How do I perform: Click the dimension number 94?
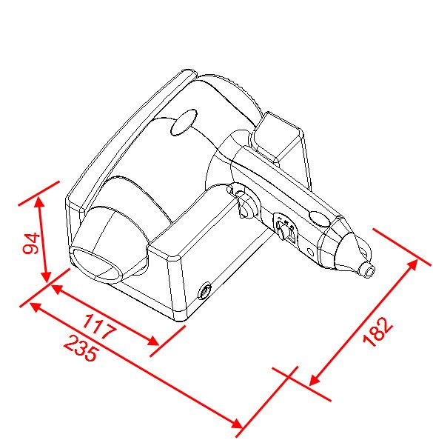31,243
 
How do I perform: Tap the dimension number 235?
81,348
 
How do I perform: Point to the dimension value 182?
377,332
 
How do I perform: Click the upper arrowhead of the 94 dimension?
40,201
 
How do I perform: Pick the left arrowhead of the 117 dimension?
57,288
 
